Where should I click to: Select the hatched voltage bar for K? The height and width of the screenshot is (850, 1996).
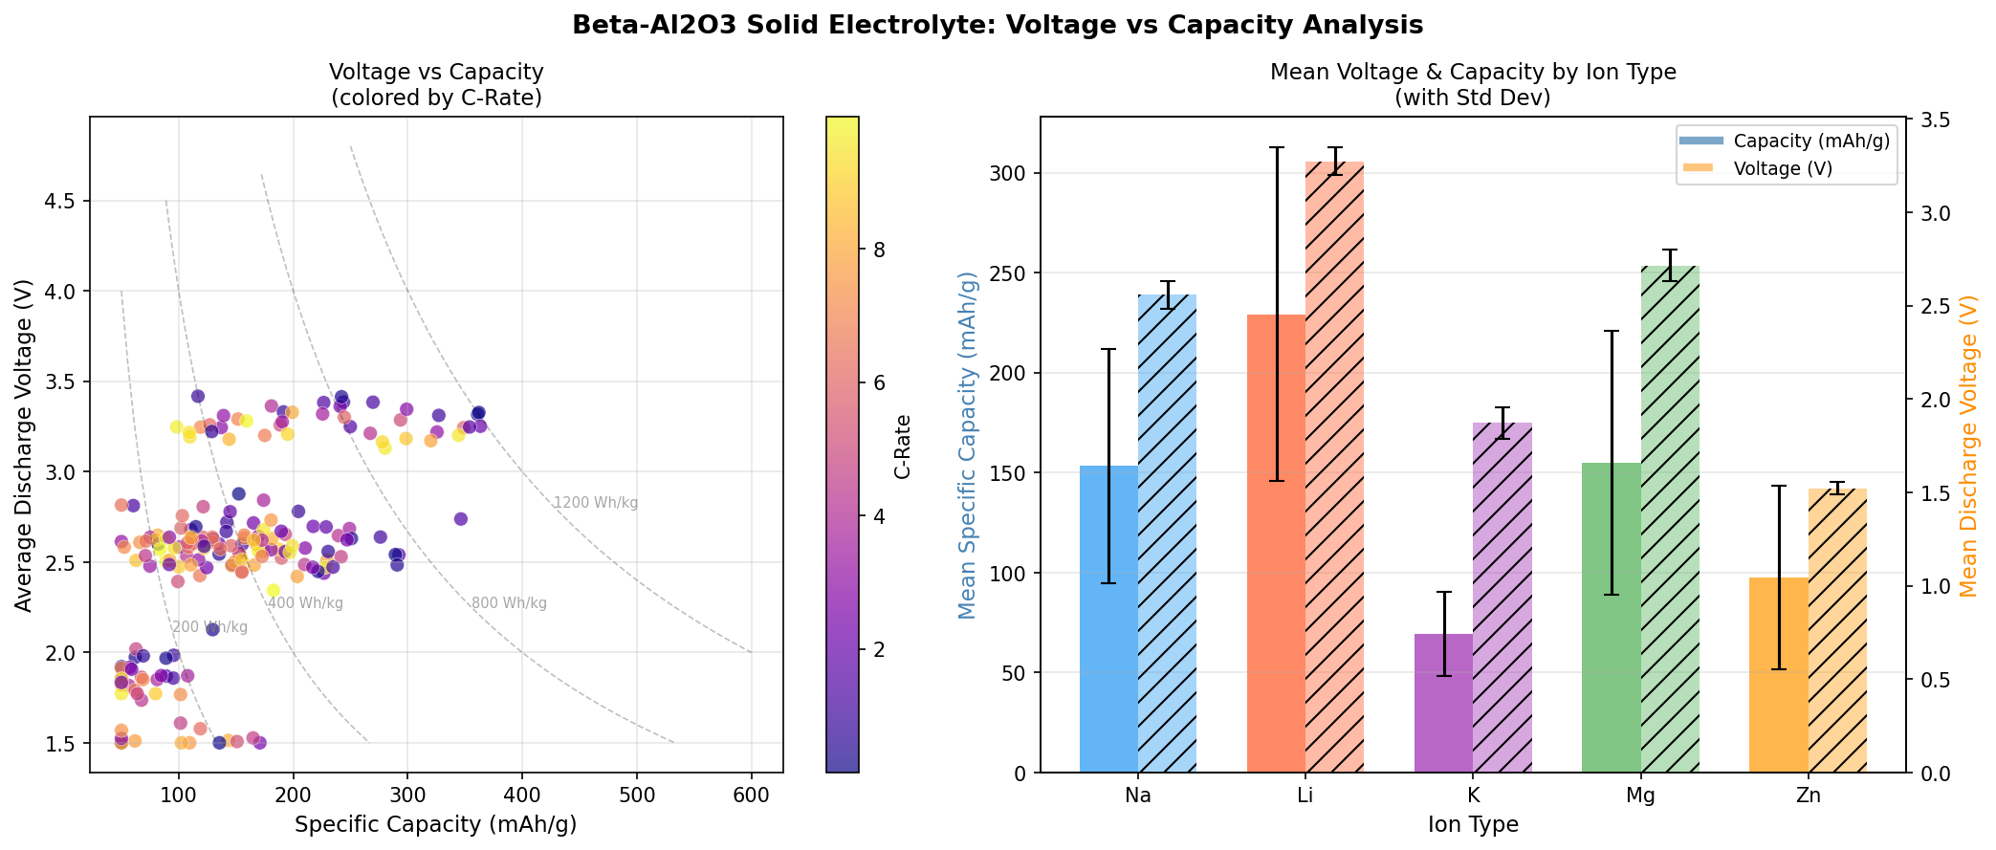pyautogui.click(x=1502, y=598)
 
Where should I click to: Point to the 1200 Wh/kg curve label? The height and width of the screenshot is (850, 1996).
pyautogui.click(x=595, y=503)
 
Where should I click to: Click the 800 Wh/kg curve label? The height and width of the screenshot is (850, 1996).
pyautogui.click(x=509, y=603)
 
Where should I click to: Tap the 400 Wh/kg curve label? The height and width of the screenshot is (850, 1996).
pyautogui.click(x=305, y=603)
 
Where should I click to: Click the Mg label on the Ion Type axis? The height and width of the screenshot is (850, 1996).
pyautogui.click(x=1640, y=796)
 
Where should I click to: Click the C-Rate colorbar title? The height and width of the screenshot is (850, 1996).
pyautogui.click(x=903, y=447)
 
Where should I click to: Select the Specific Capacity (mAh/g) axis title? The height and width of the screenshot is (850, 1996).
pyautogui.click(x=435, y=824)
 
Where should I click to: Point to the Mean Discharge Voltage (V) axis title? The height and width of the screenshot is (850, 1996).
pyautogui.click(x=1969, y=446)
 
